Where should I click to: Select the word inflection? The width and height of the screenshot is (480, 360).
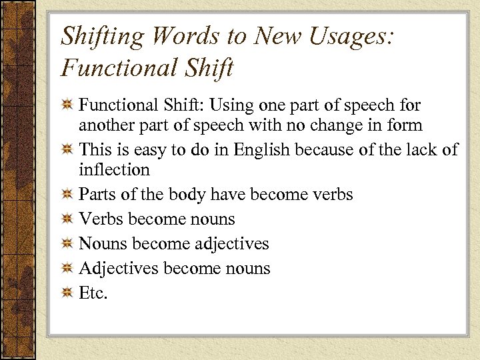coord(114,169)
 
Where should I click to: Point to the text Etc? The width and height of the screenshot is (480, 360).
coord(93,293)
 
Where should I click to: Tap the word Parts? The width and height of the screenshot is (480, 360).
coord(97,194)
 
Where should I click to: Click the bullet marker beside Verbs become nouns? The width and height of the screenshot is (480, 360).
coord(67,219)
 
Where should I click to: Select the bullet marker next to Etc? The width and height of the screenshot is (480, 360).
coord(67,293)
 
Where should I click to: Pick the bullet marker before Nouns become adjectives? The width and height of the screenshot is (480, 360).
coord(67,244)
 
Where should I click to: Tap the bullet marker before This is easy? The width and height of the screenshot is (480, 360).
coord(67,150)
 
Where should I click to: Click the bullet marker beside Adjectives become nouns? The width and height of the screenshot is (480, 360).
coord(67,269)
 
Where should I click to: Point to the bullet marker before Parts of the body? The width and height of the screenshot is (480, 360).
coord(67,195)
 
